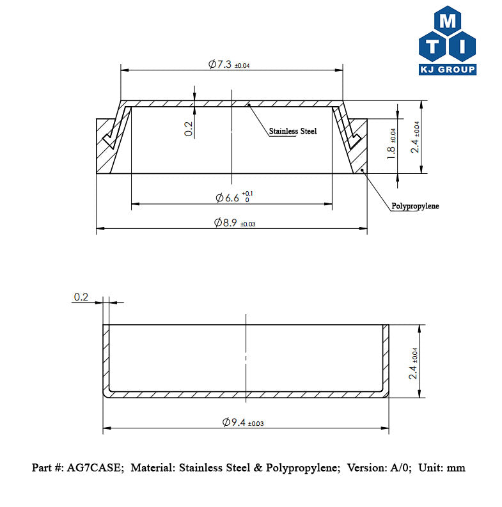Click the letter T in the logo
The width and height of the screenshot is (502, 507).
tap(433, 45)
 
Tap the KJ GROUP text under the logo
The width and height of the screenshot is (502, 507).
tap(447, 69)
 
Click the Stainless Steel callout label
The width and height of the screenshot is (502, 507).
tap(292, 131)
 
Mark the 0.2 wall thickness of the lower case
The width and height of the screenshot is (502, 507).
tap(81, 297)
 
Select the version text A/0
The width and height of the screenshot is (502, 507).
tap(396, 468)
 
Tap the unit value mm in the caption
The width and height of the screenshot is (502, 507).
tap(455, 468)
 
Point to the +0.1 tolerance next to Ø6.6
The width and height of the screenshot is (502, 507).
tap(248, 193)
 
